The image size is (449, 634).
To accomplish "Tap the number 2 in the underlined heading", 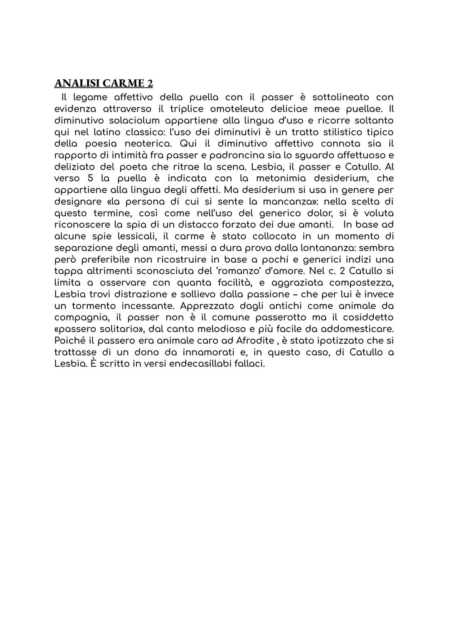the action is [x=150, y=84].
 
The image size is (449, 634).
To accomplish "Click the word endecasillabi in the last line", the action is [x=191, y=364].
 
